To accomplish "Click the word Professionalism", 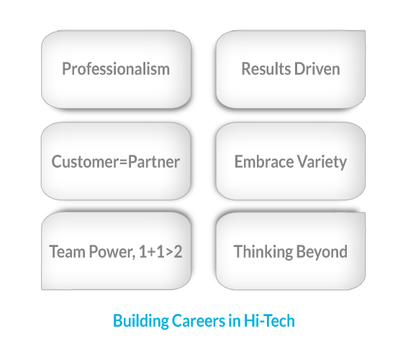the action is click(116, 69).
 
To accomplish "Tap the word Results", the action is click(266, 69).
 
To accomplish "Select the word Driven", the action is click(317, 69).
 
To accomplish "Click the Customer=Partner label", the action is click(116, 162).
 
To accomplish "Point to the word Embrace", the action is click(264, 162).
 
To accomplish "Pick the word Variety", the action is click(322, 162).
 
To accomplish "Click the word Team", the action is click(67, 252).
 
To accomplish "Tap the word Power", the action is click(112, 252).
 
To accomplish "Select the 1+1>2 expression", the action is click(160, 252).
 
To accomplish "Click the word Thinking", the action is click(263, 252).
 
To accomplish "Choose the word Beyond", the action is click(322, 252).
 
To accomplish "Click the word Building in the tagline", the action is click(141, 321).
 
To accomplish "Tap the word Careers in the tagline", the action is click(199, 320).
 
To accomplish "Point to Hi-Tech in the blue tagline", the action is click(269, 320).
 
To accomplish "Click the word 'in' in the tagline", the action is click(235, 320).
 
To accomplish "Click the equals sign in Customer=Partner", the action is click(124, 163).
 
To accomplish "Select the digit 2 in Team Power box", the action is click(178, 252).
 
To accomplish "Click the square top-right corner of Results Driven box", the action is click(366, 30).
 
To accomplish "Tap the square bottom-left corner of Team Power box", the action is click(42, 289).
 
